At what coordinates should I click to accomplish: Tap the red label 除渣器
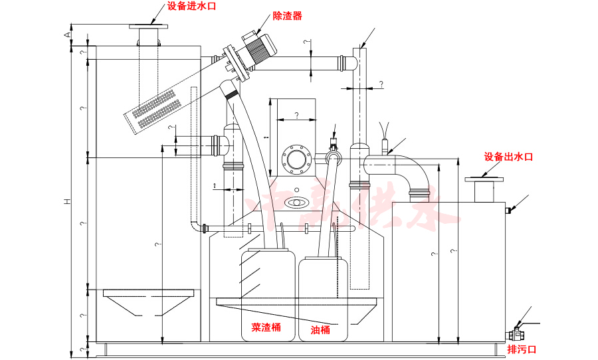coord(287,15)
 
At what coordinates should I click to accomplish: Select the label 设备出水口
coord(508,157)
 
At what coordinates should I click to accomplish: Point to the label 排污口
coord(522,349)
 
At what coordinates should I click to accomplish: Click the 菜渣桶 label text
coord(265,327)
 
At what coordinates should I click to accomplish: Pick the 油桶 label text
coord(320,329)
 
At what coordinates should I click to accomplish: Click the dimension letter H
coord(67,200)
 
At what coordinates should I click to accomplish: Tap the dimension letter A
coord(67,33)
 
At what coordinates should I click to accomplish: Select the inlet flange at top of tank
coord(148,27)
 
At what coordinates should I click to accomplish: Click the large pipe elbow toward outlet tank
coord(412,169)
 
